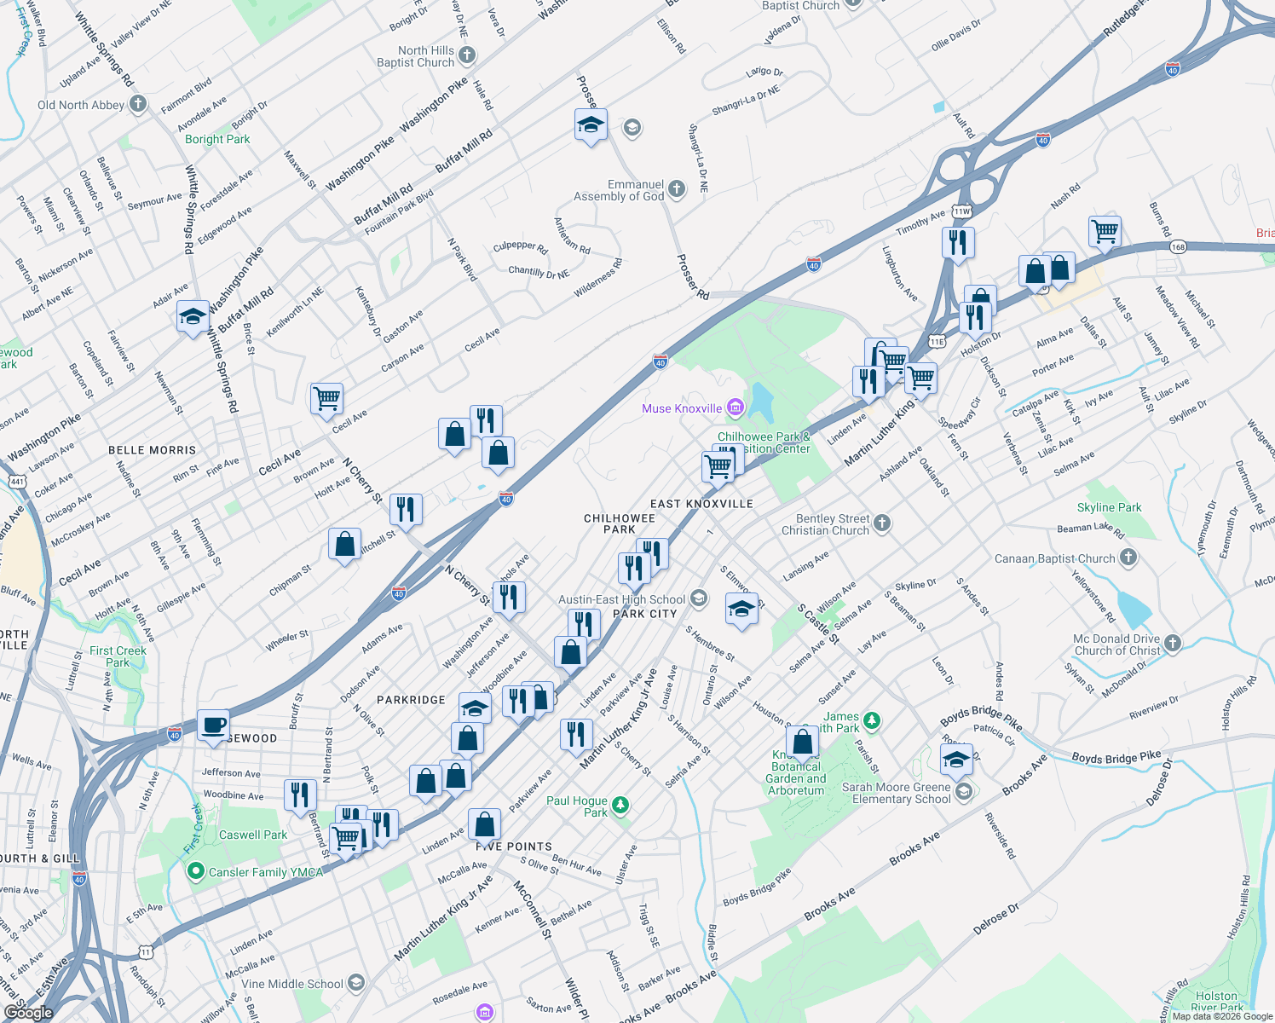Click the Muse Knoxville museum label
click(682, 408)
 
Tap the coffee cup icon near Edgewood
click(213, 725)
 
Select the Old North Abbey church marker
click(139, 105)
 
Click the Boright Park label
click(217, 139)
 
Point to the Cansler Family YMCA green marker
click(195, 871)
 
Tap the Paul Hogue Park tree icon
click(621, 805)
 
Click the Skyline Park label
click(1109, 507)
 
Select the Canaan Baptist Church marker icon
click(1128, 558)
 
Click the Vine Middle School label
click(291, 984)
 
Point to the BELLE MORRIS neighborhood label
click(152, 450)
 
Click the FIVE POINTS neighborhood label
click(514, 847)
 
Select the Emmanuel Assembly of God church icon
click(677, 189)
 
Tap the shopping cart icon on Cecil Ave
click(326, 398)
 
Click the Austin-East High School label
click(621, 599)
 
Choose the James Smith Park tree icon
click(871, 721)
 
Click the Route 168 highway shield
click(1178, 247)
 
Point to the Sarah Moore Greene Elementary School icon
click(964, 793)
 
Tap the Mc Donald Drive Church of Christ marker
click(1173, 644)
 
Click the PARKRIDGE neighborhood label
click(411, 700)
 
